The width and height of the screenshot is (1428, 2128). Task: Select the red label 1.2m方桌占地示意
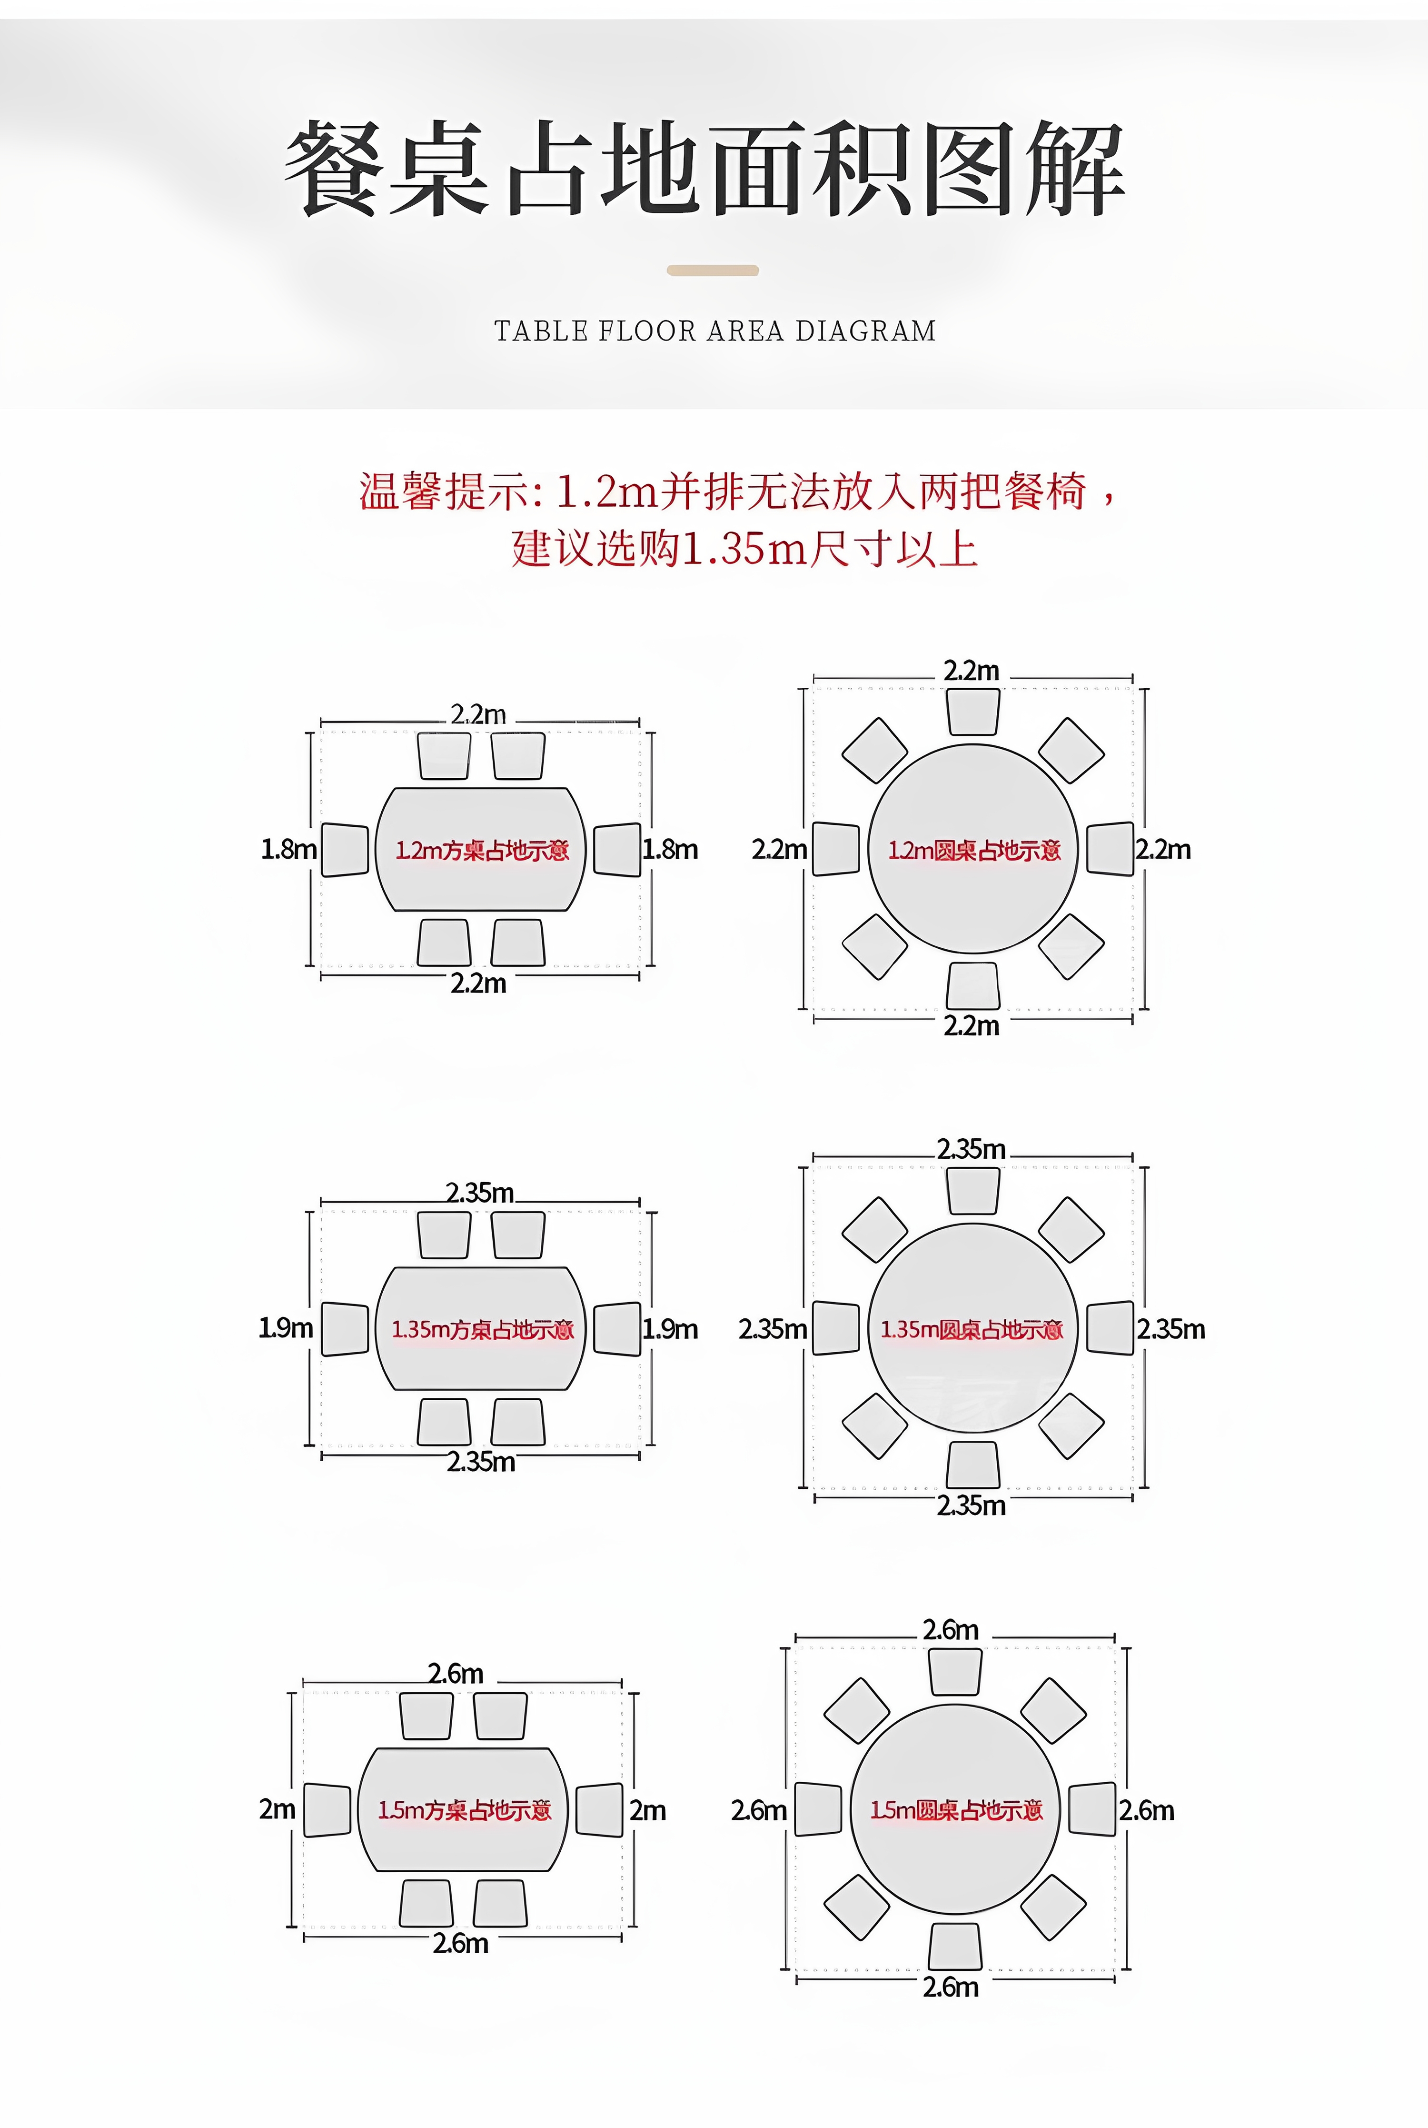[x=482, y=851]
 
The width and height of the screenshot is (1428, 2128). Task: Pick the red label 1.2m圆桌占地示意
[x=973, y=851]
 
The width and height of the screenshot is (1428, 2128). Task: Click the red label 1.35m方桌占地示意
[x=482, y=1330]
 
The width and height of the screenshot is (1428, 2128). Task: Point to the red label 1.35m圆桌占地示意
[x=971, y=1330]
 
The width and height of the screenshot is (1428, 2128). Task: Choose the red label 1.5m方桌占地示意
[x=465, y=1810]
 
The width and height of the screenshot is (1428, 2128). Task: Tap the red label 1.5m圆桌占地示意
[x=955, y=1810]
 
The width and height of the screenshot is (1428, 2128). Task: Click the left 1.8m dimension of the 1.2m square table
[x=289, y=849]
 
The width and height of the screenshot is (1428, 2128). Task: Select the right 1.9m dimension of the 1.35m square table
[x=670, y=1329]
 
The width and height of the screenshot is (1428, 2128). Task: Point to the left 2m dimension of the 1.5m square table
[x=277, y=1809]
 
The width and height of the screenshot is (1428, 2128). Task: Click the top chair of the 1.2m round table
[x=972, y=712]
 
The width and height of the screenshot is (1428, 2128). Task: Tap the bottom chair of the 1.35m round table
[x=972, y=1465]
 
